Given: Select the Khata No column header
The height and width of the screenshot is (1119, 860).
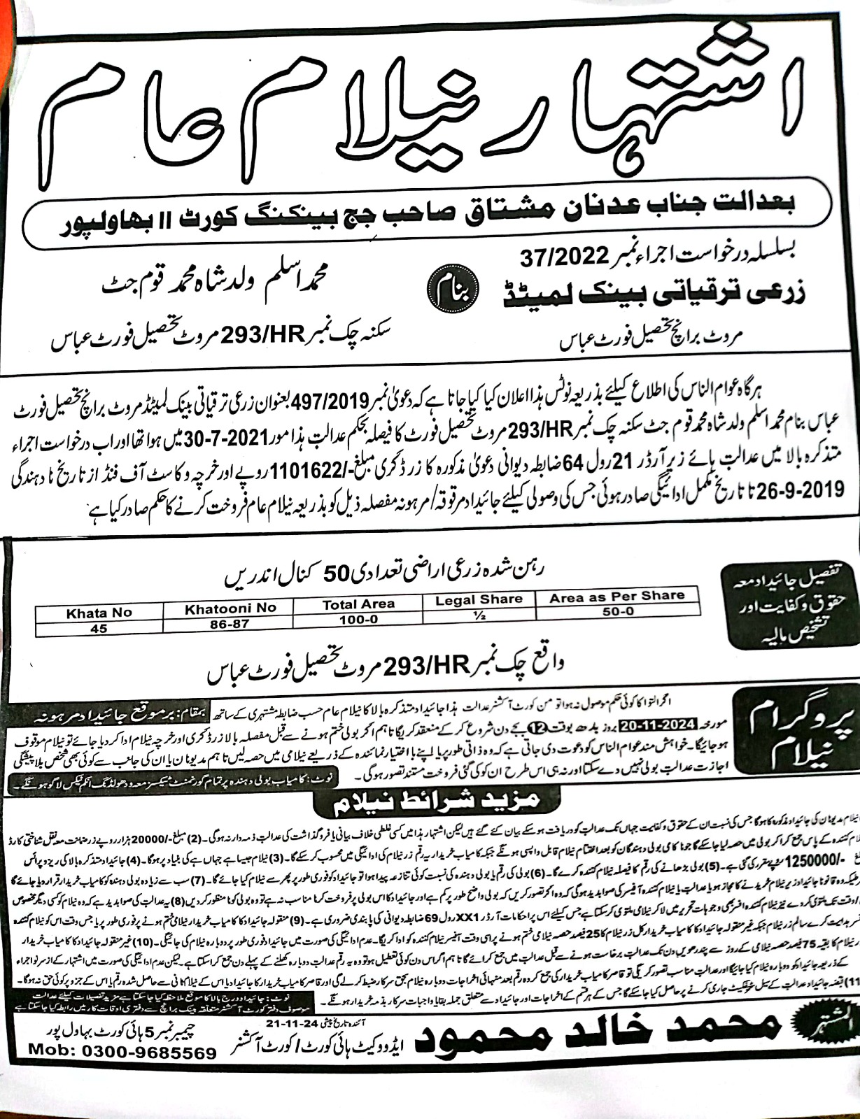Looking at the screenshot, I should pyautogui.click(x=99, y=612).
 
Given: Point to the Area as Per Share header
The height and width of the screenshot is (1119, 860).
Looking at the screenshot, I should pyautogui.click(x=616, y=597).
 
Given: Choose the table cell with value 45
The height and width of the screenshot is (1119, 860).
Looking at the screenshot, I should pyautogui.click(x=99, y=628).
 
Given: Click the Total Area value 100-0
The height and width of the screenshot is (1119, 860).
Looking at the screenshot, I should pyautogui.click(x=358, y=619).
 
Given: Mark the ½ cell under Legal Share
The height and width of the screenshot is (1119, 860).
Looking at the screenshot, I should pyautogui.click(x=479, y=615).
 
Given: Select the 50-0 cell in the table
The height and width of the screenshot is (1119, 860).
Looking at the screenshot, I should pyautogui.click(x=616, y=611).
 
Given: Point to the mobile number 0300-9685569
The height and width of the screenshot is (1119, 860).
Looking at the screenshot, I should pyautogui.click(x=123, y=1090).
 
